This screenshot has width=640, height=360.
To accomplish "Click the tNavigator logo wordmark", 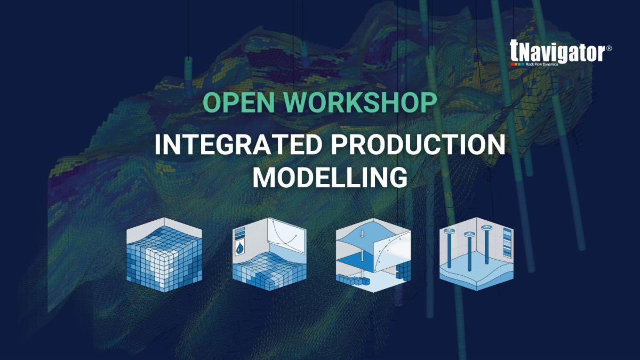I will coord(557,52).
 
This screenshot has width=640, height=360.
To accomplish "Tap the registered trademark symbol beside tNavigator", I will coord(609,48).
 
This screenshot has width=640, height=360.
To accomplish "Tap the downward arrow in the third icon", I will coord(362,234).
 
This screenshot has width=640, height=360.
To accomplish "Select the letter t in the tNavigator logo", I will coord(514,51).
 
